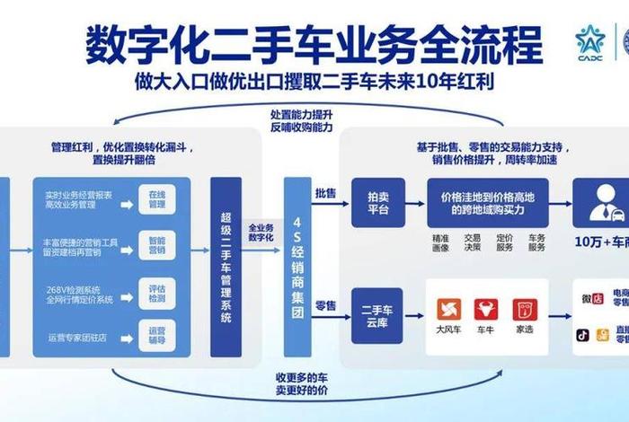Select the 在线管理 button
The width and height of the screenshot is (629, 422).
click(x=156, y=198)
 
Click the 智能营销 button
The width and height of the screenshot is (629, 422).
click(x=156, y=245)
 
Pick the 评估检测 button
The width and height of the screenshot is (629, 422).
click(x=156, y=292)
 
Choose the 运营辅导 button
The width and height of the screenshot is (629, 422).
click(x=156, y=335)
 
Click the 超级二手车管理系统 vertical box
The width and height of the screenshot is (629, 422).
click(x=226, y=267)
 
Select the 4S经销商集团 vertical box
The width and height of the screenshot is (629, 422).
click(x=297, y=267)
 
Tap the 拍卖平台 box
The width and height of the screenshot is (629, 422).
click(x=377, y=204)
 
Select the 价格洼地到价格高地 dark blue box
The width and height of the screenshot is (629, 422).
click(x=487, y=204)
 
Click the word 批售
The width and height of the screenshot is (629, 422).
click(x=325, y=193)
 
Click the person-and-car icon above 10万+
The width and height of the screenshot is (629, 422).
click(x=601, y=205)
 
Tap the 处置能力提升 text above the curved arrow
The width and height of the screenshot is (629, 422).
click(x=302, y=116)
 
